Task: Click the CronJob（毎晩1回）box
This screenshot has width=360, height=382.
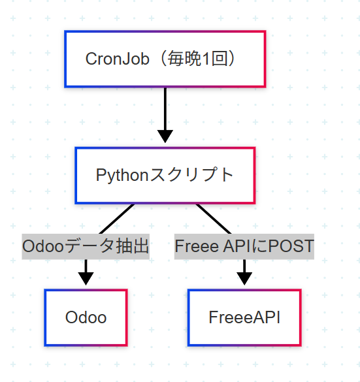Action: tap(165, 59)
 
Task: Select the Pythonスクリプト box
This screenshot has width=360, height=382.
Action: tap(165, 176)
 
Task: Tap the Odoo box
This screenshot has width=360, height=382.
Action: tap(86, 318)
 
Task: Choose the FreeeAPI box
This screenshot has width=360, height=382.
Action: tap(244, 318)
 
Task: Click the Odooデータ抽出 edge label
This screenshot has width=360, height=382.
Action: tap(86, 247)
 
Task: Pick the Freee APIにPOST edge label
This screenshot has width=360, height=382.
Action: tap(244, 247)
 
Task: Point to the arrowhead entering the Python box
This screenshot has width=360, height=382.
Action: tap(165, 136)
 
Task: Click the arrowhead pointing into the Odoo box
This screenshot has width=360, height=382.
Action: tap(86, 279)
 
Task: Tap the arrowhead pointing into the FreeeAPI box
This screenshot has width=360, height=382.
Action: tap(244, 279)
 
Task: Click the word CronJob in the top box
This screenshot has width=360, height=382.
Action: tap(117, 59)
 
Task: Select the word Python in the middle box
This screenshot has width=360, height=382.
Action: tap(122, 176)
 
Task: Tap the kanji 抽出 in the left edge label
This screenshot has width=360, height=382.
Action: tap(133, 246)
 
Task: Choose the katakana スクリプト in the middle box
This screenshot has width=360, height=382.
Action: tap(191, 175)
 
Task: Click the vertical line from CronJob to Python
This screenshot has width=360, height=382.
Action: tap(165, 109)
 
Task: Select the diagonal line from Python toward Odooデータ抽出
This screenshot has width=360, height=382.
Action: tap(116, 219)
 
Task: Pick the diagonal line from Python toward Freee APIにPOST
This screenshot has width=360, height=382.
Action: tap(214, 219)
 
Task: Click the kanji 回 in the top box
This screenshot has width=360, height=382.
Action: tap(220, 59)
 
